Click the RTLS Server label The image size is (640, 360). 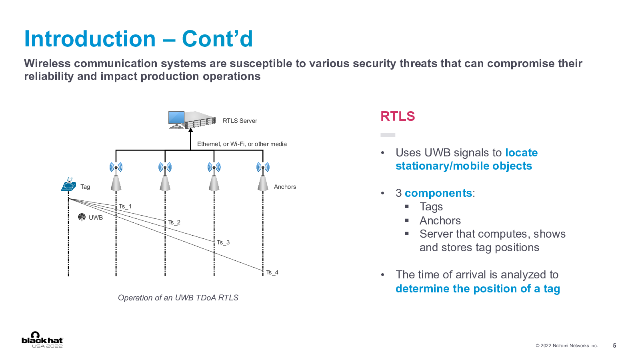240,121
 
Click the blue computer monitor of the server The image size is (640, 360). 176,118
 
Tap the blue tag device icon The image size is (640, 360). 69,184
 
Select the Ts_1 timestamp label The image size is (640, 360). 125,206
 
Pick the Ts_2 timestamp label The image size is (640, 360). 174,222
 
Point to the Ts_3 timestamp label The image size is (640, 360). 223,242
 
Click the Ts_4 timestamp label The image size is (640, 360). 272,272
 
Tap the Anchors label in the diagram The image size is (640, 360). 285,187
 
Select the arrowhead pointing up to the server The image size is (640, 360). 190,130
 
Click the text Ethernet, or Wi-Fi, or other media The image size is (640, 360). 242,144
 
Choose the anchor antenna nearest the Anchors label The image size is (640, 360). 263,176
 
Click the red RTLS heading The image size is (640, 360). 398,116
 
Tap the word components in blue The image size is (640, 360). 438,193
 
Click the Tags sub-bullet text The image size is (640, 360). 431,206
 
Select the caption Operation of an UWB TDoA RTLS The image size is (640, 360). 178,298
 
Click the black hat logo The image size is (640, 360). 42,340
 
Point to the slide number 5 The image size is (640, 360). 614,346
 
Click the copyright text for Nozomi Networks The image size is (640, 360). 566,346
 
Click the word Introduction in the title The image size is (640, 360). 90,39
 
